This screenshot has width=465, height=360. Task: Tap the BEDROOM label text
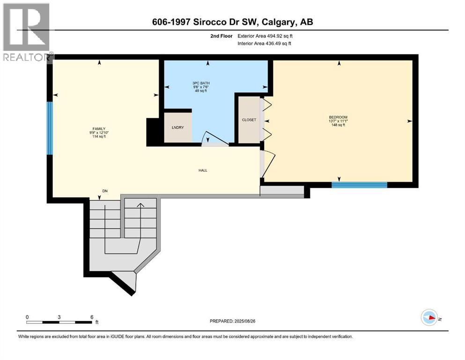[338, 117]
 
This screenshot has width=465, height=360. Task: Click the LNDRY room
[178, 127]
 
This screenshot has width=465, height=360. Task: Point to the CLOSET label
[249, 120]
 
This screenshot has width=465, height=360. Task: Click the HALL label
[202, 170]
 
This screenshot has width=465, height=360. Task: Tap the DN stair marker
[105, 191]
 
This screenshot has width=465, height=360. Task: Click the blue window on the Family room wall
[50, 128]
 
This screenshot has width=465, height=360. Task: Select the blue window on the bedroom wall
[359, 185]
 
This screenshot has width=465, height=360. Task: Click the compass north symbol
[428, 317]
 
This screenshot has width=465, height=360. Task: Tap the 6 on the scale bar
[92, 316]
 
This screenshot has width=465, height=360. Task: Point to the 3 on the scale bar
[59, 316]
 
